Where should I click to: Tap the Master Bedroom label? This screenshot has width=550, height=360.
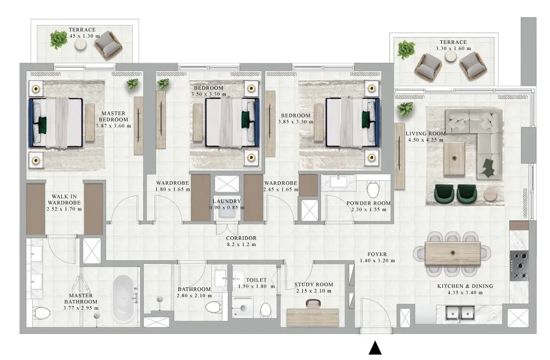click(x=113, y=117)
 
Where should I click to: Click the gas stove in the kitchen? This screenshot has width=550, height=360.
click(x=519, y=266)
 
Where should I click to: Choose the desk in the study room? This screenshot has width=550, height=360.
click(x=313, y=317)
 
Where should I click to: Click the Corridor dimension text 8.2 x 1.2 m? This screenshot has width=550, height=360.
click(x=241, y=245)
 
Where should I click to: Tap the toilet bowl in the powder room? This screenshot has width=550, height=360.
click(x=372, y=190)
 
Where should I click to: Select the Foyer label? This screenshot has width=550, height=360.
click(x=377, y=254)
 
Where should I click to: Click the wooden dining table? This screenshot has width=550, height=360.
click(x=452, y=254)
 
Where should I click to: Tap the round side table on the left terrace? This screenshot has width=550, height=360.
click(x=82, y=44)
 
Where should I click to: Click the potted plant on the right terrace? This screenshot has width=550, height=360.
click(x=406, y=49)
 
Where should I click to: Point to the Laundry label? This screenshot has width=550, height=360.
click(x=226, y=201)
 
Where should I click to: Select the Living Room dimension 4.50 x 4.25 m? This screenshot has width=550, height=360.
click(x=426, y=140)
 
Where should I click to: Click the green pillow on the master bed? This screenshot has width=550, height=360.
click(x=42, y=125)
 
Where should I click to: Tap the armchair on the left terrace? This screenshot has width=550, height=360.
click(x=108, y=45)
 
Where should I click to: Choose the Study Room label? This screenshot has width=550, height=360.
click(x=314, y=285)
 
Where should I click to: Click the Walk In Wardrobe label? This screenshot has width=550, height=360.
click(x=64, y=200)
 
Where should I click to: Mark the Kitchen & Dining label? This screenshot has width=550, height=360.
click(x=465, y=286)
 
